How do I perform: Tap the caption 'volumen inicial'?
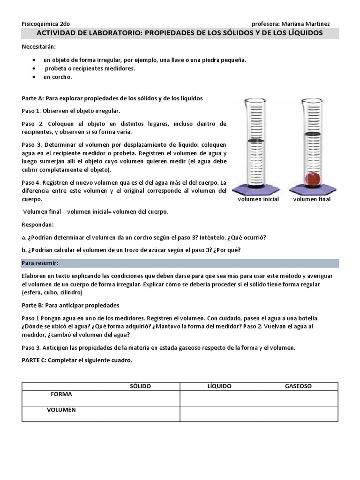tap(258, 199)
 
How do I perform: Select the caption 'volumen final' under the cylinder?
tap(312, 199)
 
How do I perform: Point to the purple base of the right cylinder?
tap(311, 189)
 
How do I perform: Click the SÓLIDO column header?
tap(140, 386)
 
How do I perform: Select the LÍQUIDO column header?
tap(219, 386)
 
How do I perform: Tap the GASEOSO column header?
tap(298, 386)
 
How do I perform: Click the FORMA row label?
tap(61, 394)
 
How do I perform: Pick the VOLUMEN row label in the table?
tap(61, 410)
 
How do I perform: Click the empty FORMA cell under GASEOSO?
tap(298, 398)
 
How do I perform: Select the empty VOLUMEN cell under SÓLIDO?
tap(140, 413)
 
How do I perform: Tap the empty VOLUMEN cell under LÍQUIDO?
tap(219, 413)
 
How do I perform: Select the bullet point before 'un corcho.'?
tap(34, 77)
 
